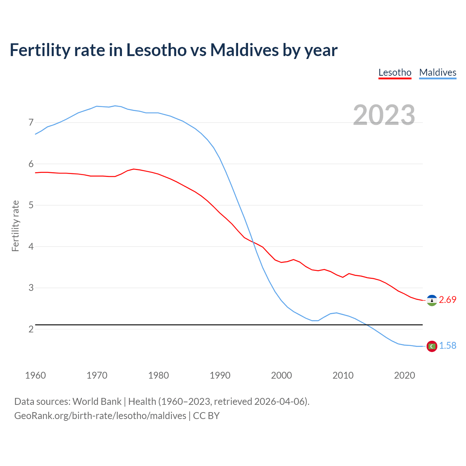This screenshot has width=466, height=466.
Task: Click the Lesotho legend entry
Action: click(395, 72)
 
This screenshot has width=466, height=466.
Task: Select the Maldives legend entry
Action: click(438, 72)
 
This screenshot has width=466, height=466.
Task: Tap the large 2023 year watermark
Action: click(384, 115)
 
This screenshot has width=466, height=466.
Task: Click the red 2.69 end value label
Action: click(447, 300)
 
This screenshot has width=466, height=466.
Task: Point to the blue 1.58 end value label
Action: click(447, 345)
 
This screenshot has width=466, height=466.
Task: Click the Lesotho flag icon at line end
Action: click(432, 300)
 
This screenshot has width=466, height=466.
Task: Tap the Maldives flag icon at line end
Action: click(432, 346)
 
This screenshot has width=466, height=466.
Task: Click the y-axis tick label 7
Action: click(31, 122)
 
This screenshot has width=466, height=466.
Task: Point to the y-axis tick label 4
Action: click(31, 246)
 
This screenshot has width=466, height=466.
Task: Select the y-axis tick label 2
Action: click(31, 329)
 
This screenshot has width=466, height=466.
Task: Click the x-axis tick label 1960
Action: click(35, 375)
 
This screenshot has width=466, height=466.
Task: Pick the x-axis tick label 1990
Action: click(220, 375)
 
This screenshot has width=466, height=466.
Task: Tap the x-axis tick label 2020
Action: click(404, 375)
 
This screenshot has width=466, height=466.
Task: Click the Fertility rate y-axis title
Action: click(15, 226)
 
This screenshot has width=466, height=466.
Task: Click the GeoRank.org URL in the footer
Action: click(100, 416)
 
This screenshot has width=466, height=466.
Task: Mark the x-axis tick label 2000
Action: click(281, 375)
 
